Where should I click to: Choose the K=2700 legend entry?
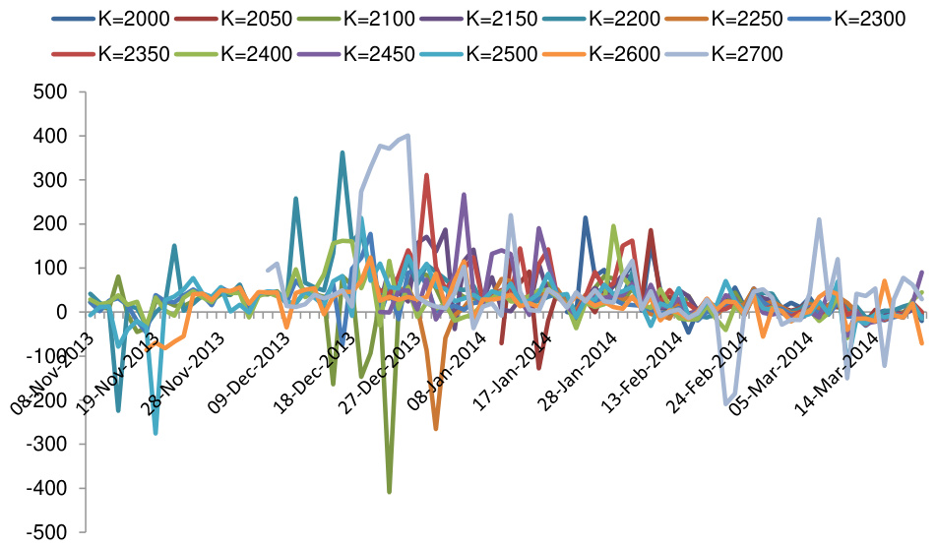point(744,54)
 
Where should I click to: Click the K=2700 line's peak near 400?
point(407,136)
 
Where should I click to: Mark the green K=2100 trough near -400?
point(390,491)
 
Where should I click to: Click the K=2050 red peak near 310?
point(426,175)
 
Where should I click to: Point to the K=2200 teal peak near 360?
point(343,152)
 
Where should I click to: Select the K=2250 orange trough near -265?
point(436,428)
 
